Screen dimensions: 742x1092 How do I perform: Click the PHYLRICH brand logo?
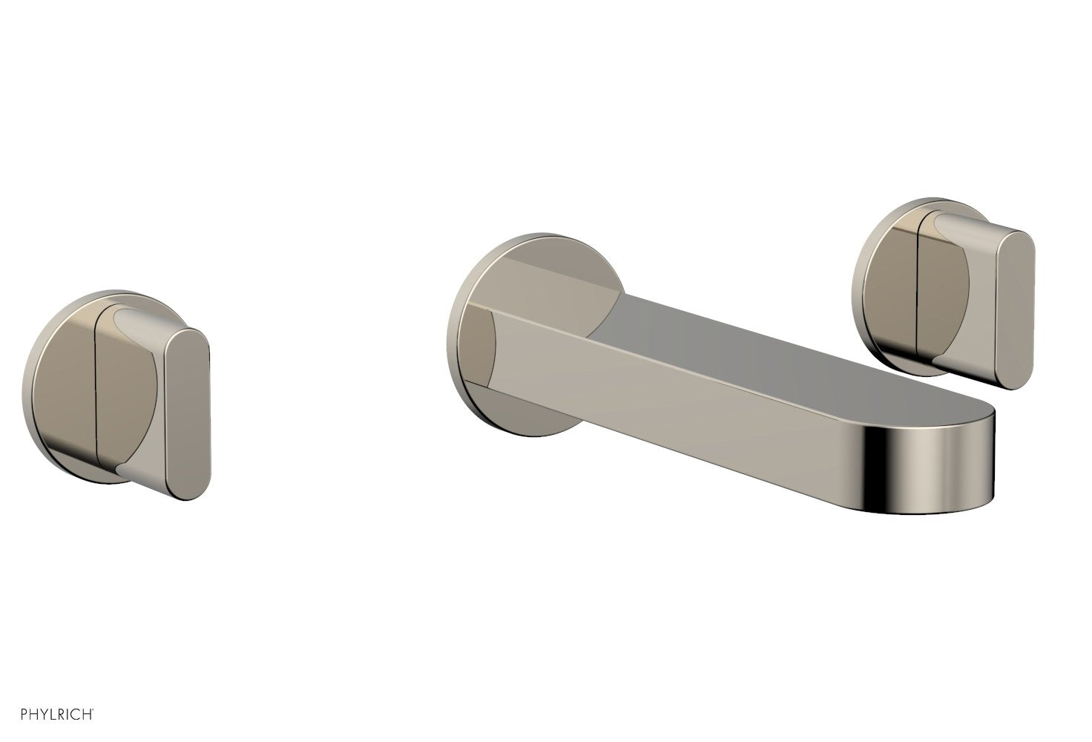pos(50,715)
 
